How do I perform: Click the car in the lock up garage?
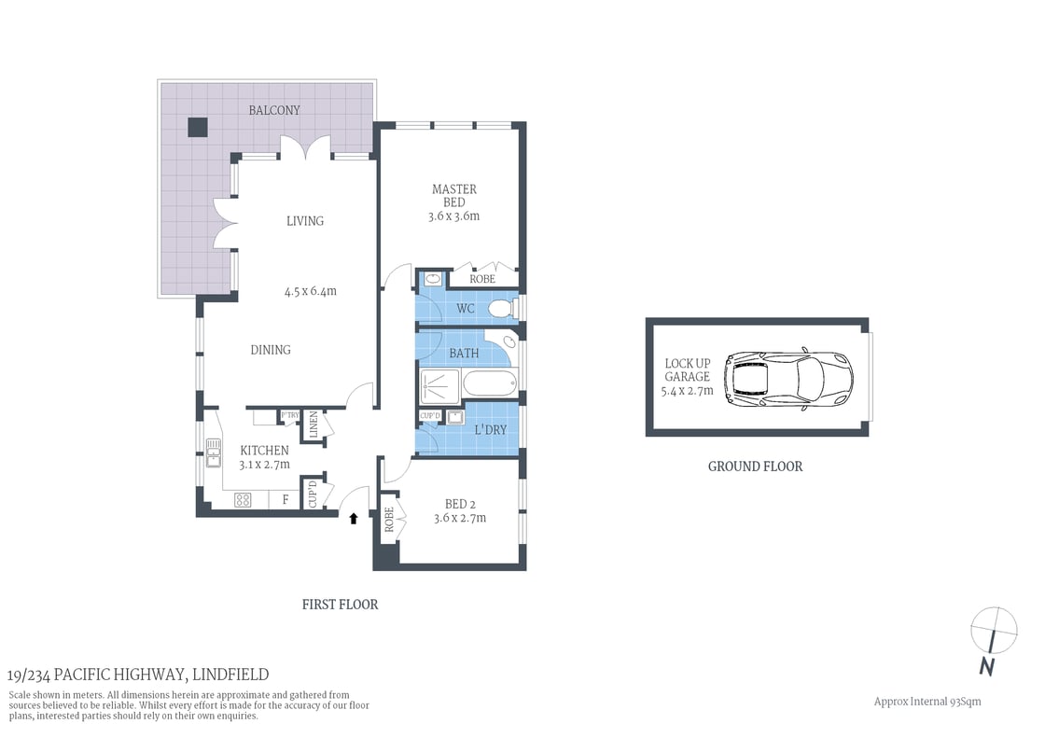tap(788, 378)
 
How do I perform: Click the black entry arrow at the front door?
tap(354, 518)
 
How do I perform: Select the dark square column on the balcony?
tap(197, 128)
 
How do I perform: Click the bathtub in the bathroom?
tap(487, 383)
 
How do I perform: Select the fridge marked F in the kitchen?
tap(285, 500)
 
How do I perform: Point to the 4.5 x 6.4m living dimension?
tap(310, 291)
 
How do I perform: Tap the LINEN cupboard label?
tap(313, 425)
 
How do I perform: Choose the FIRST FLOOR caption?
tap(340, 605)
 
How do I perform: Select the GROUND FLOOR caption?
tap(755, 466)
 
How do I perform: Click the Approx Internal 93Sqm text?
tap(927, 702)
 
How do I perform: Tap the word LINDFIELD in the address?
tap(231, 675)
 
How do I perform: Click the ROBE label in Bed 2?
tap(388, 519)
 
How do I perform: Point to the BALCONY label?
tap(274, 110)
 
